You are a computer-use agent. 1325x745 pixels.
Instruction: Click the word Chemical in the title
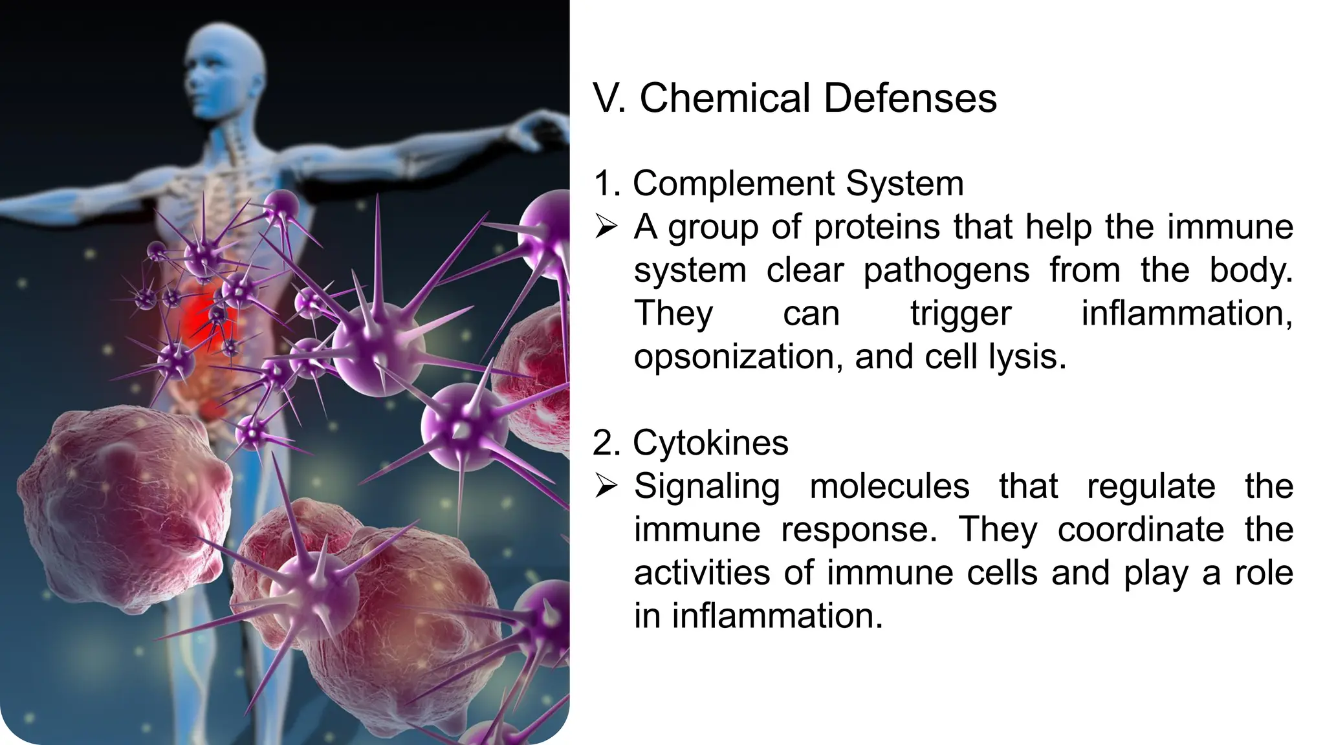coord(724,98)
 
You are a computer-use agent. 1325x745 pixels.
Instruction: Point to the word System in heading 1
coord(904,184)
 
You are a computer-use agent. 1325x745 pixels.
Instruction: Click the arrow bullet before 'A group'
coord(606,227)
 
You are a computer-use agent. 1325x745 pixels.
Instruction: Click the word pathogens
coord(946,270)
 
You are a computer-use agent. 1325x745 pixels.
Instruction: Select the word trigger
coord(961,314)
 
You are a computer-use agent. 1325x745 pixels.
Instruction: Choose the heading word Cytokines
coord(710,444)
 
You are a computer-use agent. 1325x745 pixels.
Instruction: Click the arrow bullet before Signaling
coord(606,486)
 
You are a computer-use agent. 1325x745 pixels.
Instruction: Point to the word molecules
coord(890,486)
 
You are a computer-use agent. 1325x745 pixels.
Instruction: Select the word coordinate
coord(1141,530)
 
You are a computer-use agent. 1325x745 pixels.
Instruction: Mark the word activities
coord(702,573)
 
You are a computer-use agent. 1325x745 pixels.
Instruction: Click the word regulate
coord(1151,486)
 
